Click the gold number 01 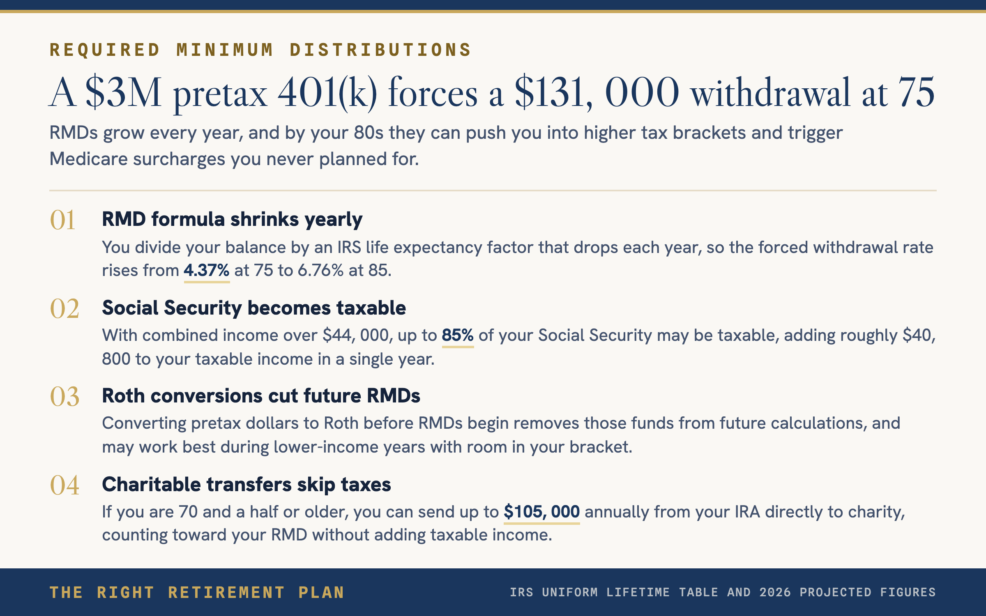coord(62,220)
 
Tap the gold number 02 coord(65,308)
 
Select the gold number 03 coord(65,397)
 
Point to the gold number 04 coord(65,485)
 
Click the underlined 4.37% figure coord(207,271)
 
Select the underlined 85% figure coord(458,336)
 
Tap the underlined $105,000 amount coord(541,512)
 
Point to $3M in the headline coord(123,92)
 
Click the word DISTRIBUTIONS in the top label coord(380,50)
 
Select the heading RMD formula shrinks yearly coord(232,219)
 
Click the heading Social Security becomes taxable coord(254,308)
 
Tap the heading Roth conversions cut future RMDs coord(261,396)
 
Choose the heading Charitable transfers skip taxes coord(246,485)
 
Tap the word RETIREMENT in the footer coord(226,593)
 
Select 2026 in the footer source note coord(775,592)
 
